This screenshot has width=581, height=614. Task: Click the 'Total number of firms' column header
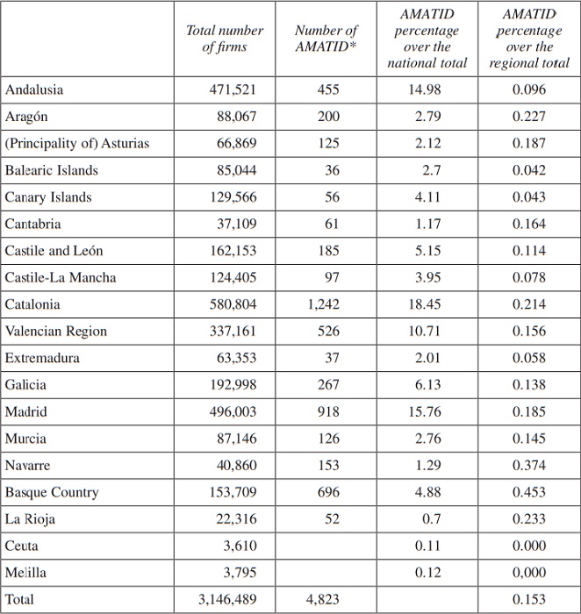[225, 39]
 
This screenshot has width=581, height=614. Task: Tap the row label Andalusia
[34, 89]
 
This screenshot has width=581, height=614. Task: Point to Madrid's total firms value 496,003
[233, 411]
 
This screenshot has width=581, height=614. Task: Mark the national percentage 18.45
[427, 304]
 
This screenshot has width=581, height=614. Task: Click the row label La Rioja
[30, 518]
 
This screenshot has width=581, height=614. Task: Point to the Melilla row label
[25, 572]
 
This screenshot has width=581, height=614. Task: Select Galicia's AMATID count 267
[327, 384]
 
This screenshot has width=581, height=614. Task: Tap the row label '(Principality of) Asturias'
[77, 143]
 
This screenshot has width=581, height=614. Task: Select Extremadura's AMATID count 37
[331, 358]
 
